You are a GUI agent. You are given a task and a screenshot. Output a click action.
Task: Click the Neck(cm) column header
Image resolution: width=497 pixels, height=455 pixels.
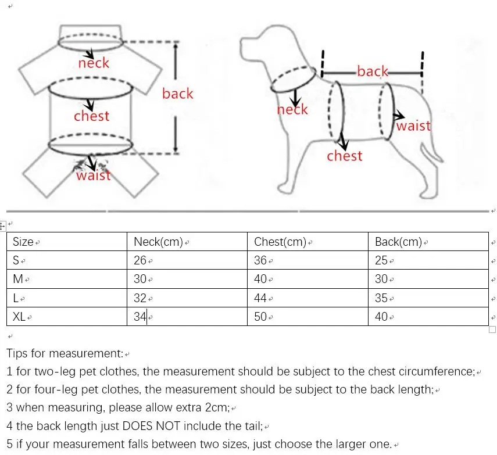(x=158, y=242)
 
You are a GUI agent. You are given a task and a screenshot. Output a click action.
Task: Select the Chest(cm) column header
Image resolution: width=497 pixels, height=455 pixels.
(x=280, y=242)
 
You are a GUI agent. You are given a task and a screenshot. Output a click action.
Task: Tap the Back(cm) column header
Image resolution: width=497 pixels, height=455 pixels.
(x=398, y=242)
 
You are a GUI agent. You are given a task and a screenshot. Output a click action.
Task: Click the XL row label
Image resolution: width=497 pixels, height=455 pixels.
(x=20, y=317)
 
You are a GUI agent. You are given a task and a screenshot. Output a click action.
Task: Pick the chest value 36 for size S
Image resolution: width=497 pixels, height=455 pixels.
(x=260, y=260)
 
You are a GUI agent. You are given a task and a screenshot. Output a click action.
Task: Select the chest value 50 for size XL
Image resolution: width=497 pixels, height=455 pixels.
(x=260, y=317)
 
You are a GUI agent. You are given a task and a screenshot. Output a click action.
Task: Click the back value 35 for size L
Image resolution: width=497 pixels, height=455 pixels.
(x=381, y=298)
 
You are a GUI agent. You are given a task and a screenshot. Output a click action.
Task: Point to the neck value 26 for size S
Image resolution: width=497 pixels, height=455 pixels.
(x=140, y=260)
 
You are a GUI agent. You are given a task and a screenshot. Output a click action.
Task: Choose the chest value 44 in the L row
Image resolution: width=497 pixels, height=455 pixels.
(x=260, y=298)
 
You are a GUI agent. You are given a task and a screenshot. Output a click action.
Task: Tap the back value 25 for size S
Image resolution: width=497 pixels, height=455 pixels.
(x=381, y=260)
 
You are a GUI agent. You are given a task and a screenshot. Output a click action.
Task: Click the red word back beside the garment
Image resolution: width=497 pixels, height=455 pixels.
(x=177, y=94)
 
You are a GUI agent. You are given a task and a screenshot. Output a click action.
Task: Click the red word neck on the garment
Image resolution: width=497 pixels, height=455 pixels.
(x=94, y=63)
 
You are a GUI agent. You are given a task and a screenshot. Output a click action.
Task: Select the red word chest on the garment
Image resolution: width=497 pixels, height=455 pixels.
(x=91, y=116)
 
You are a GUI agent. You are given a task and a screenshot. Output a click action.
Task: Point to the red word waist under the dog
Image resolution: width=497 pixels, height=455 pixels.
(x=413, y=126)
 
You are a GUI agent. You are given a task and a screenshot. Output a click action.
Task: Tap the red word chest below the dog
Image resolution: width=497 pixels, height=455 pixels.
(x=344, y=156)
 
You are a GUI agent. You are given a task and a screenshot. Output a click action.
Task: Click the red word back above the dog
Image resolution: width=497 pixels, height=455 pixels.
(x=373, y=71)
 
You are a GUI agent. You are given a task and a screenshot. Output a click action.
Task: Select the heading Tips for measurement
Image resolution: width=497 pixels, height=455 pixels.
(x=65, y=353)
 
